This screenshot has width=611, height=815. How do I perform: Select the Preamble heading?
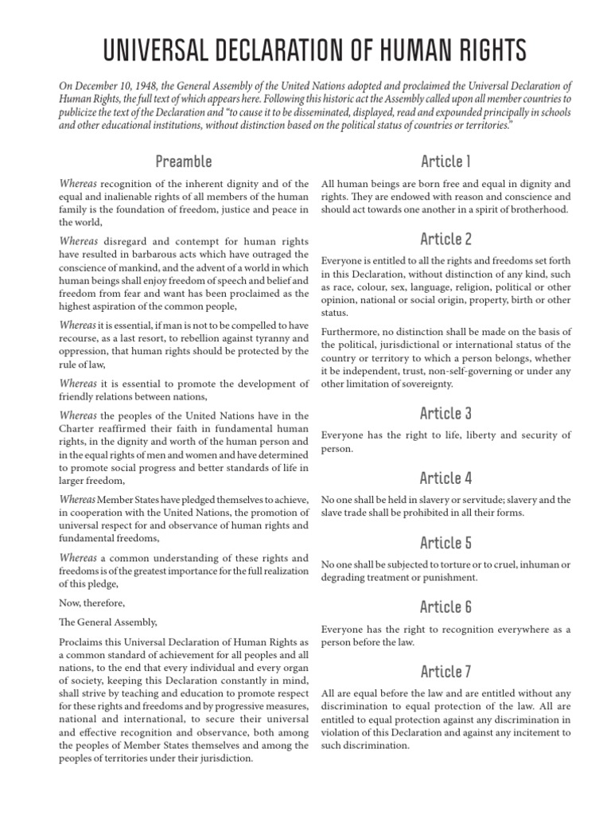point(184,162)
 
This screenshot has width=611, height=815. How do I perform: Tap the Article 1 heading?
point(446,162)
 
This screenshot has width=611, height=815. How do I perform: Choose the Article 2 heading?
point(446,238)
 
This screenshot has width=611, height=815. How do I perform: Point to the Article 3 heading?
point(446,412)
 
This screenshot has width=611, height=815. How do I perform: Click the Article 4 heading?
point(446,478)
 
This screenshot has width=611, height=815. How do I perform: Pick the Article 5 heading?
point(446,543)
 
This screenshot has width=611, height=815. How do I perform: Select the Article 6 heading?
point(446,607)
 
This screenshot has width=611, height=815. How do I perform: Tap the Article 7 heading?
point(446,672)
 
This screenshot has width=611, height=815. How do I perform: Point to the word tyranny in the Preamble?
point(267,338)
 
